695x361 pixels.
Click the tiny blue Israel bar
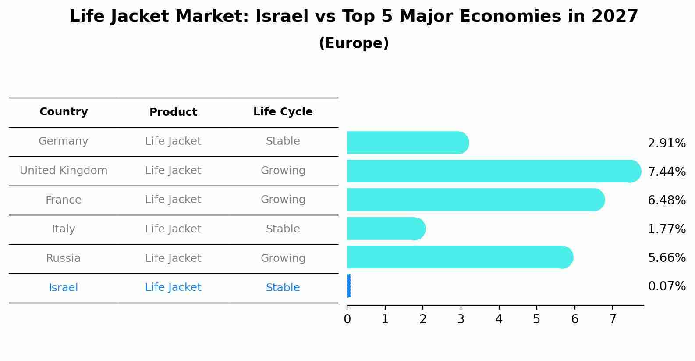click(349, 286)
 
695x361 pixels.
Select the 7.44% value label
click(667, 172)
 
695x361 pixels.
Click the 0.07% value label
click(667, 286)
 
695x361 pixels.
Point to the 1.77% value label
click(667, 229)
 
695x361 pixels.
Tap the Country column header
click(64, 112)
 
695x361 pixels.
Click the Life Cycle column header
click(283, 112)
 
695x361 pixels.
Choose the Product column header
click(173, 112)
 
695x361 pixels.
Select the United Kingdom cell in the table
click(64, 171)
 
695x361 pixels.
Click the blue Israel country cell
click(64, 288)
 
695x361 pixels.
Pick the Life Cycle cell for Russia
click(283, 258)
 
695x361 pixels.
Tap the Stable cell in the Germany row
click(283, 141)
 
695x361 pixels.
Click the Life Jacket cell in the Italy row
click(173, 229)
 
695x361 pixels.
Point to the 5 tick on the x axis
click(537, 319)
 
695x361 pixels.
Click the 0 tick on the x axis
click(347, 319)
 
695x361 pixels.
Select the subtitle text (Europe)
click(354, 43)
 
